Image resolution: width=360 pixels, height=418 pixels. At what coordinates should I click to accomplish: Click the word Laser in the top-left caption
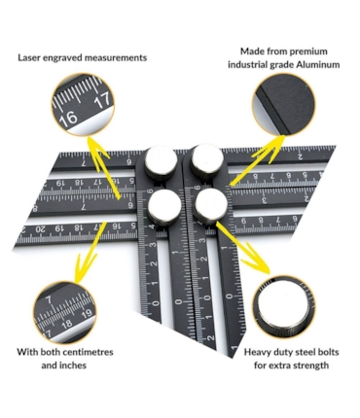click(28, 58)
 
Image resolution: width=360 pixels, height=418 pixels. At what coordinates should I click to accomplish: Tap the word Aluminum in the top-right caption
click(318, 64)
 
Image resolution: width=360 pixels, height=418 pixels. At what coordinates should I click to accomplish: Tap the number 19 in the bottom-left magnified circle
click(87, 314)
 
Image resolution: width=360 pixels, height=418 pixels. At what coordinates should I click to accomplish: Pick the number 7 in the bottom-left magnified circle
click(49, 300)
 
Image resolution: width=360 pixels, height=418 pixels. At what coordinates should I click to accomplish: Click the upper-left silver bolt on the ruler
click(161, 160)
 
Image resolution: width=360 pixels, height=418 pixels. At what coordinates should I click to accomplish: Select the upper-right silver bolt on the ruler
click(207, 159)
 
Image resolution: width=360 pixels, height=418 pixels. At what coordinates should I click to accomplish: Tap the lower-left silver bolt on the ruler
click(164, 207)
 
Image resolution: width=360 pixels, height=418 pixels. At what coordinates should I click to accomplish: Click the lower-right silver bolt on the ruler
click(211, 205)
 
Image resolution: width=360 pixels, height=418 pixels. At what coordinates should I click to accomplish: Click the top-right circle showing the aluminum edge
click(284, 104)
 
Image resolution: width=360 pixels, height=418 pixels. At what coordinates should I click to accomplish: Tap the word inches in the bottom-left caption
click(73, 366)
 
